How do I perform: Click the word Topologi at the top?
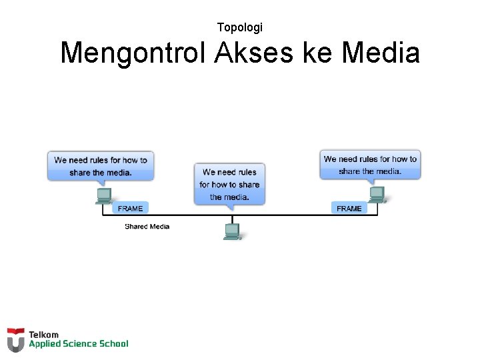240,27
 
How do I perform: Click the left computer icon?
104,195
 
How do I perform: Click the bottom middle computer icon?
232,231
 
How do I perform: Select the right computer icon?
377,194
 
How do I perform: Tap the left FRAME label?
130,209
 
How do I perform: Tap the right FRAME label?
349,209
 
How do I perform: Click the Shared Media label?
147,227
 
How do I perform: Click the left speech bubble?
101,165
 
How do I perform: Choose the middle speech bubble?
229,183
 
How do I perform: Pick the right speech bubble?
370,165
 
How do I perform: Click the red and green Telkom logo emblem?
15,339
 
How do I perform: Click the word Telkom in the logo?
43,335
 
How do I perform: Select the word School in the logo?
113,344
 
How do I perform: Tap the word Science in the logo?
80,344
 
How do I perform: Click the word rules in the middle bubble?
247,172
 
